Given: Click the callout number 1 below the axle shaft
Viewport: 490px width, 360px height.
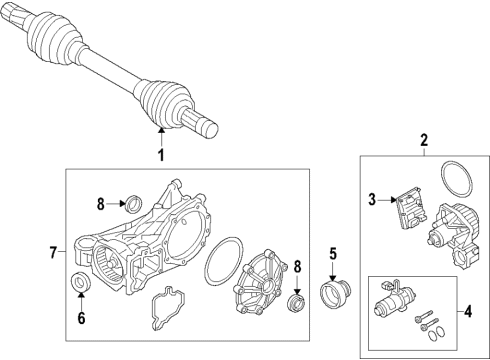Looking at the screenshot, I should pos(159,155).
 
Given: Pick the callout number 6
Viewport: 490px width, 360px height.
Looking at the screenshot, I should pos(83,319).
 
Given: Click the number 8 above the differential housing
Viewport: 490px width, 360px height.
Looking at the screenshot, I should pos(101,206).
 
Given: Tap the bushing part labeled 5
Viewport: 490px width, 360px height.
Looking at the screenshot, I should pos(333,296).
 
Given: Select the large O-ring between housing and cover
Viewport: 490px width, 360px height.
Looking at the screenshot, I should pos(221,263).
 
